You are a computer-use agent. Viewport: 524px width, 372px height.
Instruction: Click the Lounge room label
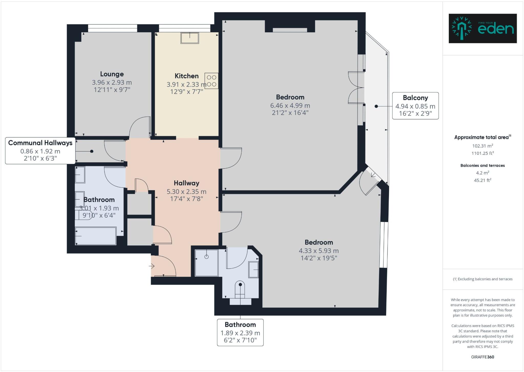112,74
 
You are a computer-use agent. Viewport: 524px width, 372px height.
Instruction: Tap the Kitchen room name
187,76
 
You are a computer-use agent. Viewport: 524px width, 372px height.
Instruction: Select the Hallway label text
187,183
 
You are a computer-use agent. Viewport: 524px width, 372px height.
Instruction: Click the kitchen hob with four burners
212,81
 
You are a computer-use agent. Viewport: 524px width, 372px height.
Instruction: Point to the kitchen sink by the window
190,38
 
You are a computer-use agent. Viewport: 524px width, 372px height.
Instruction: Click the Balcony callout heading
415,98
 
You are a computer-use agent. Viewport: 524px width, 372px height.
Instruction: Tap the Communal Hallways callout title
40,143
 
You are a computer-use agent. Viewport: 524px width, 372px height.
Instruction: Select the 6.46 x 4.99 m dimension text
290,105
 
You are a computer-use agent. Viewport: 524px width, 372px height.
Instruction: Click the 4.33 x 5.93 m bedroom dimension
319,251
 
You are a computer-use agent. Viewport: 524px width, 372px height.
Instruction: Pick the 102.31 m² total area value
483,146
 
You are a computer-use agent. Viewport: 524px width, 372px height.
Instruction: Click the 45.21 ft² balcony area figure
483,180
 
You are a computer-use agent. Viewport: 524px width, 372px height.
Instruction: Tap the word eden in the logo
496,29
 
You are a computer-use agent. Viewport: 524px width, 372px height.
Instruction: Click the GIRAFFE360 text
483,357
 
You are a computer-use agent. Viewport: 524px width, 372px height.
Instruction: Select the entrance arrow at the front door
152,266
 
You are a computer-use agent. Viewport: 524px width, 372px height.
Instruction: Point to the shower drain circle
207,257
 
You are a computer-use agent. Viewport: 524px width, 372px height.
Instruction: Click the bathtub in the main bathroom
96,236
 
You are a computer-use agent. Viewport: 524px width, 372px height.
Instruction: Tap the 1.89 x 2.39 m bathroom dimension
240,333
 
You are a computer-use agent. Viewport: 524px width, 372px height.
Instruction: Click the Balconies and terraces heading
483,165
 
